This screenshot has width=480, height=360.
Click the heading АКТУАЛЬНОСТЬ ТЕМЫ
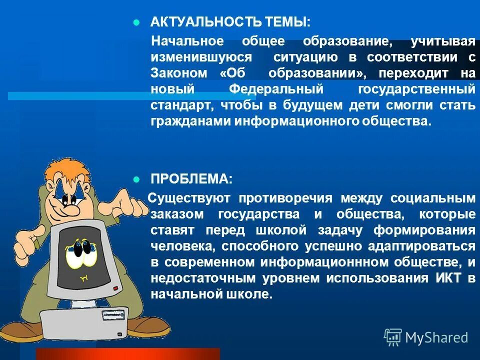[x=230, y=22]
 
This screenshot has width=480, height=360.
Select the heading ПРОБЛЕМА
[x=191, y=179]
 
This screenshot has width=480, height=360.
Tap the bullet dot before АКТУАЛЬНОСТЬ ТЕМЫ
[x=136, y=23]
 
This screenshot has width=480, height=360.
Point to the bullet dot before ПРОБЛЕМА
[x=136, y=179]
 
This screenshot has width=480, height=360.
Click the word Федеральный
[x=276, y=89]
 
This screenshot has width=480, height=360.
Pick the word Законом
[x=179, y=73]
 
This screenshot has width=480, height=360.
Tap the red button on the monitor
[x=116, y=288]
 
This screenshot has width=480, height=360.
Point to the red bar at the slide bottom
[x=128, y=353]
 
